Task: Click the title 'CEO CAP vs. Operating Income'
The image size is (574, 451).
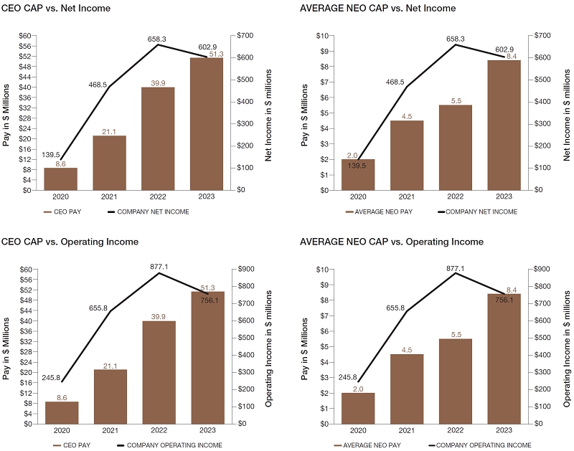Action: [70, 242]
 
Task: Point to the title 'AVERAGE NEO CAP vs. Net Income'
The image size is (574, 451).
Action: [377, 8]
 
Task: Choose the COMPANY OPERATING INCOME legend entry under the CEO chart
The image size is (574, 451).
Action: [166, 445]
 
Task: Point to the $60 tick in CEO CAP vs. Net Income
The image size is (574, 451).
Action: [27, 35]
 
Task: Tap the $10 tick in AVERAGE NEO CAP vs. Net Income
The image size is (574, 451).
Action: [324, 35]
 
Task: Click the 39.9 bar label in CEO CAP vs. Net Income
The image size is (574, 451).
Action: [158, 82]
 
